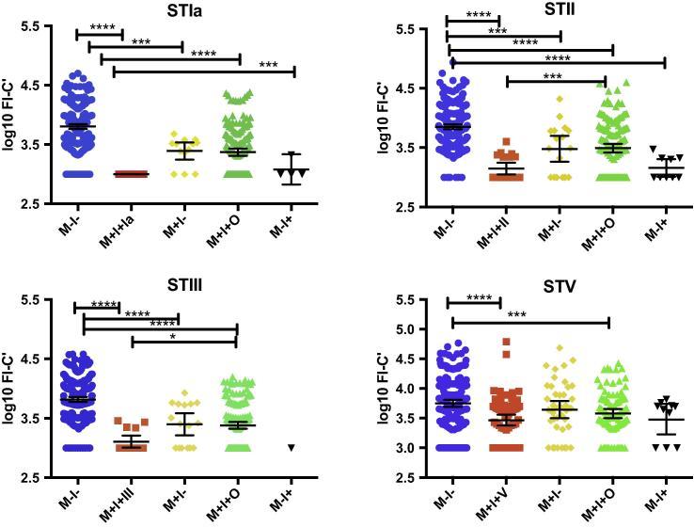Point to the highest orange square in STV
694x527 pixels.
(x=507, y=342)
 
